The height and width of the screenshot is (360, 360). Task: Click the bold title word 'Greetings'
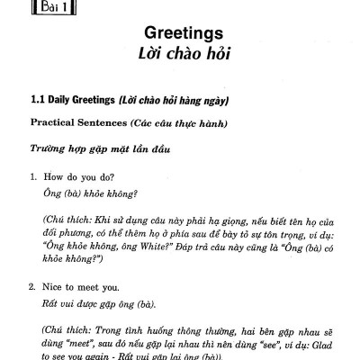(180, 35)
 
